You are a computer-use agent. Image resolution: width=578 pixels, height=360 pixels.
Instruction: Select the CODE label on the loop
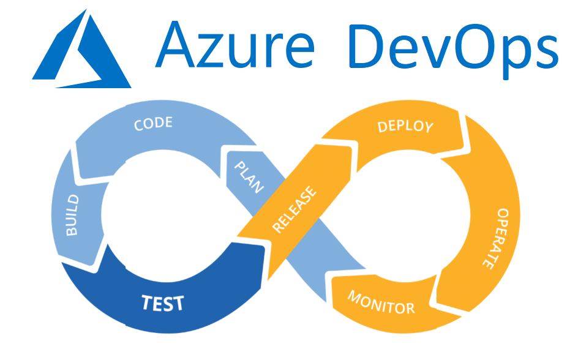pyautogui.click(x=153, y=124)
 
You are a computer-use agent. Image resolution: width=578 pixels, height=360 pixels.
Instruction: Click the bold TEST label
pyautogui.click(x=163, y=302)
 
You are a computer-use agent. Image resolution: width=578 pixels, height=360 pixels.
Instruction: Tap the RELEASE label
pyautogui.click(x=296, y=209)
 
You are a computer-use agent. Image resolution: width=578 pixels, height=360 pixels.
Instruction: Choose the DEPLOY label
pyautogui.click(x=405, y=127)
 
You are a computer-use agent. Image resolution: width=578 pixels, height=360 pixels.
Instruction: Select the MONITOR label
pyautogui.click(x=381, y=301)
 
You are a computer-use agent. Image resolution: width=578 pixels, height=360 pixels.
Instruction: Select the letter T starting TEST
pyautogui.click(x=146, y=301)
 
